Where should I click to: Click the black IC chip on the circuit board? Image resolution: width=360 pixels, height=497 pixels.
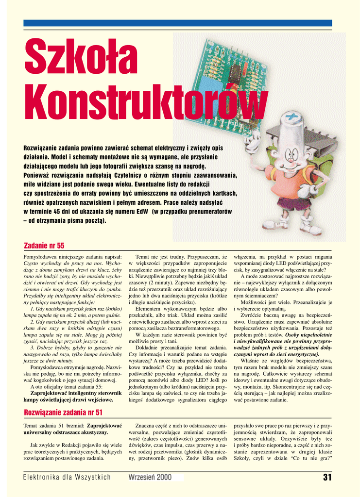[235, 72]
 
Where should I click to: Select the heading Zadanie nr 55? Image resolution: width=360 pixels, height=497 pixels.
[44, 246]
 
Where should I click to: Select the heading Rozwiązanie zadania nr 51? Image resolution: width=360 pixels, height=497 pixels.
[63, 413]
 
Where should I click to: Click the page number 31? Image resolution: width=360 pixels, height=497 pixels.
[327, 478]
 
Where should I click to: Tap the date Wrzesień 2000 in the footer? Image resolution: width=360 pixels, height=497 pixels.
[150, 478]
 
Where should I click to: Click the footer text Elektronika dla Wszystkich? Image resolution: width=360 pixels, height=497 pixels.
[67, 478]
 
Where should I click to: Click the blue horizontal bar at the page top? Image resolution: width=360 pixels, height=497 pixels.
[178, 23]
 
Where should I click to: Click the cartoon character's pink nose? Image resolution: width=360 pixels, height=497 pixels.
[290, 158]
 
